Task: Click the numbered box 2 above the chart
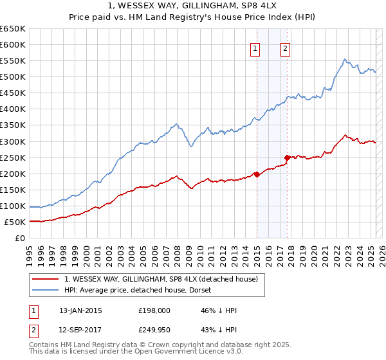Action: pyautogui.click(x=285, y=48)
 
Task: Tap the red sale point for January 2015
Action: pyautogui.click(x=257, y=174)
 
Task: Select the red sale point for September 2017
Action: pyautogui.click(x=287, y=157)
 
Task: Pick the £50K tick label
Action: pyautogui.click(x=15, y=222)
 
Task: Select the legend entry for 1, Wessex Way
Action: pyautogui.click(x=161, y=278)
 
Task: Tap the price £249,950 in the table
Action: pyautogui.click(x=153, y=329)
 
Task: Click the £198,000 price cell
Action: pyautogui.click(x=153, y=310)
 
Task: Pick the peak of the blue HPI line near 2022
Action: pyautogui.click(x=345, y=59)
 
